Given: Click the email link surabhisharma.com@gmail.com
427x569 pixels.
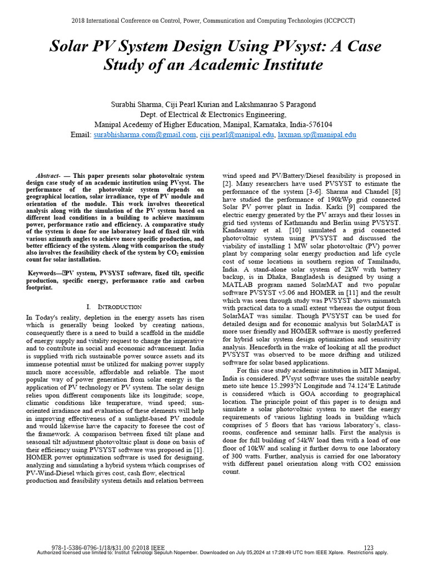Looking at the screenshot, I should pyautogui.click(x=145, y=135).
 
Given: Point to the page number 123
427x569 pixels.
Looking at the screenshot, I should pyautogui.click(x=368, y=547).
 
